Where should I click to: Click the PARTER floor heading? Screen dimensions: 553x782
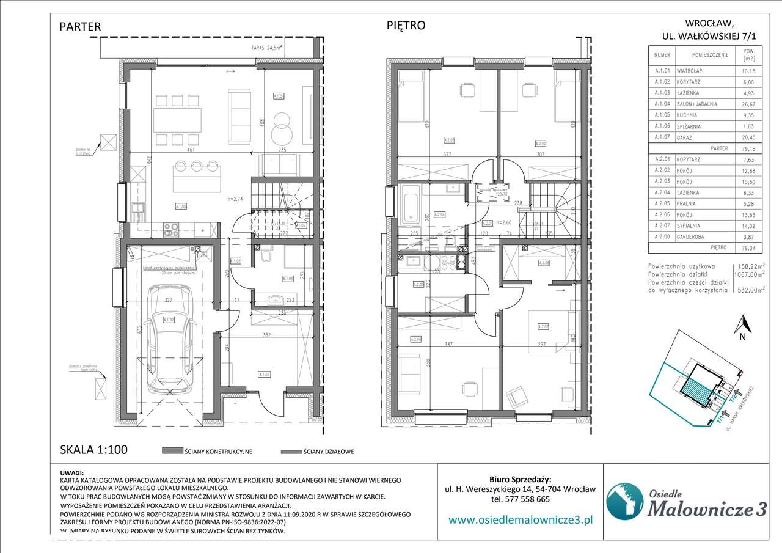(80, 27)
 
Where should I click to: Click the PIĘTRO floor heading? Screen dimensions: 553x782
(406, 26)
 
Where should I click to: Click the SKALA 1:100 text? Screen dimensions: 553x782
(93, 450)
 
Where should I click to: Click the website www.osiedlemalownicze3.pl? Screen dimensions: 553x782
(521, 520)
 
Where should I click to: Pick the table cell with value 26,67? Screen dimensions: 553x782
(750, 104)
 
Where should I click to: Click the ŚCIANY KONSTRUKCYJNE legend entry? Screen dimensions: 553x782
(208, 452)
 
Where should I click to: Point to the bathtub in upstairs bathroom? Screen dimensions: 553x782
(409, 204)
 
